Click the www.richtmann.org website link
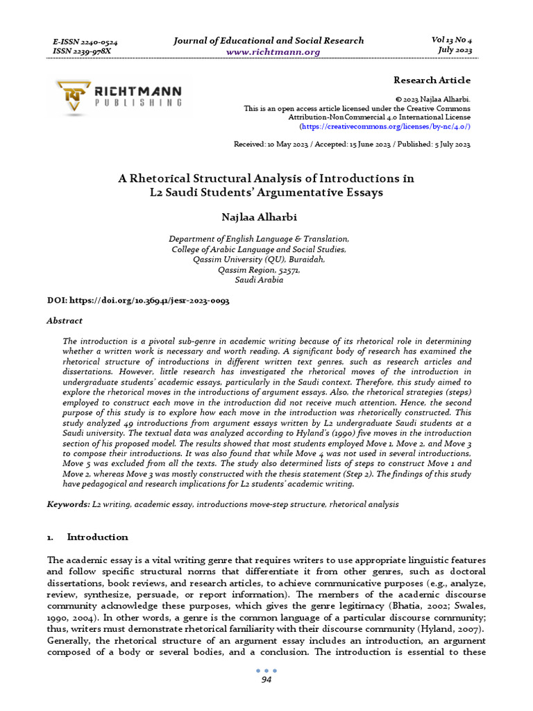coord(268,52)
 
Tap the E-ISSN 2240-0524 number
coord(85,42)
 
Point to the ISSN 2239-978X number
coord(81,51)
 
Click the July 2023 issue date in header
coord(455,50)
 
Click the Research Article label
coord(432,80)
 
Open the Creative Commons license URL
coord(384,127)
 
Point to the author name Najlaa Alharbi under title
coord(266,217)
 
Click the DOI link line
coord(138,301)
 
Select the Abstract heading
coord(65,321)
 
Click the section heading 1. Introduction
coord(87,537)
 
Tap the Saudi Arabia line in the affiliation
coord(260,280)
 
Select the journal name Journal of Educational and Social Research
coord(269,40)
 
